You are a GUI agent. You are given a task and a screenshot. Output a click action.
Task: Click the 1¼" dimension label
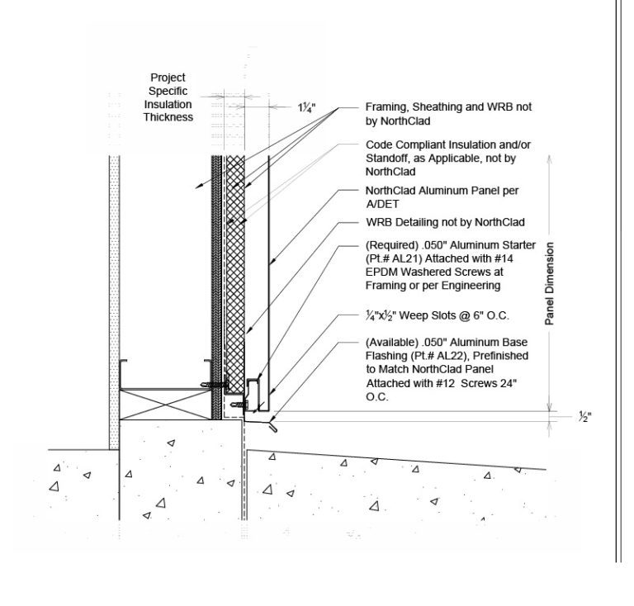(x=306, y=108)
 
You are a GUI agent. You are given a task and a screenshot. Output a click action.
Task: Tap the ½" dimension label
(x=585, y=416)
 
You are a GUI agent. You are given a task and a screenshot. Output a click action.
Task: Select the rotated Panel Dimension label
(x=549, y=283)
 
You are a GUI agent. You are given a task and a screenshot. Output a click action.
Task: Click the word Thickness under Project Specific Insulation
(x=168, y=117)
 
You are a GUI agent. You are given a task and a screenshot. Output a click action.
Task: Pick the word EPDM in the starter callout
(x=379, y=272)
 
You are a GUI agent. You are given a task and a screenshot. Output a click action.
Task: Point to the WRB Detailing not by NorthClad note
(x=445, y=222)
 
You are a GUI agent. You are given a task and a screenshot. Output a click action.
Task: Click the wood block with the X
(x=165, y=405)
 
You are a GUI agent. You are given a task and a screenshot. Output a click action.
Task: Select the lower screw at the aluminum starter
(x=239, y=405)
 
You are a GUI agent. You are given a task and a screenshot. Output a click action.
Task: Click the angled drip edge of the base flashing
(x=272, y=426)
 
